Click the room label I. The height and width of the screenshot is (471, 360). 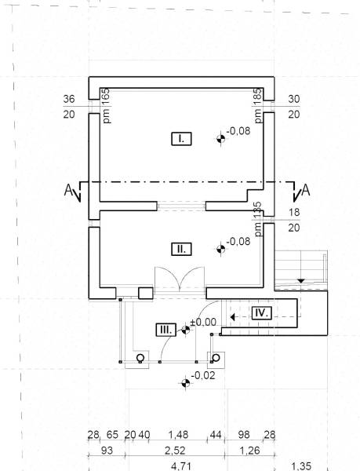(181, 139)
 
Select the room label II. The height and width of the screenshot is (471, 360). (181, 250)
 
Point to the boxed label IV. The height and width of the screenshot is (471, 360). (261, 313)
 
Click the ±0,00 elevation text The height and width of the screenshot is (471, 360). (203, 323)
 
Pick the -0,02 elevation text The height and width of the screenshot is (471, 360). (203, 375)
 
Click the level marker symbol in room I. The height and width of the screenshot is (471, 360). (221, 139)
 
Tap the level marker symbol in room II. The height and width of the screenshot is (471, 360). (221, 249)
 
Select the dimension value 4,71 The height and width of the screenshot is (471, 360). (181, 466)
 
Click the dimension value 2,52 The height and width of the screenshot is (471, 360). (176, 451)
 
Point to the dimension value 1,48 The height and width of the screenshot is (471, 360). (178, 435)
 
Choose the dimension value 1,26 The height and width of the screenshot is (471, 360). (250, 451)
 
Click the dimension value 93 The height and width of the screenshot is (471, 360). (107, 451)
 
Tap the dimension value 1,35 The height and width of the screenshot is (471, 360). (301, 466)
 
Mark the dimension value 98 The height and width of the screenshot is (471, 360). (244, 435)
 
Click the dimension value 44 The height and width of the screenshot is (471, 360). (216, 435)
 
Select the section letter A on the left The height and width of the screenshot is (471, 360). (68, 191)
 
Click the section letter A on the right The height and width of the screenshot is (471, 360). (306, 190)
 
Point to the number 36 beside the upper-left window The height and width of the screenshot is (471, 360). (69, 99)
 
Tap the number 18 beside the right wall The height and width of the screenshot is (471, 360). (294, 212)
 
